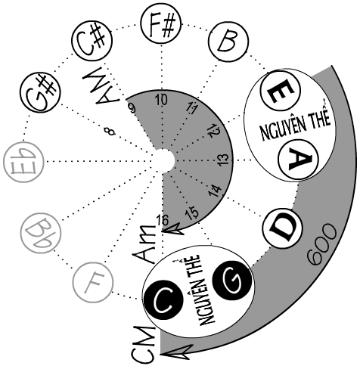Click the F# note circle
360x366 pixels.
tap(161, 25)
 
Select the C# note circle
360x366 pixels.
tap(92, 40)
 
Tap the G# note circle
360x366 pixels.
tap(41, 92)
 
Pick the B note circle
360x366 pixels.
tap(228, 42)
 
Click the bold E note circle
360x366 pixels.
tap(281, 91)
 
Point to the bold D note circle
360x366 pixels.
tap(282, 228)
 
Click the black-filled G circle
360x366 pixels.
tap(232, 280)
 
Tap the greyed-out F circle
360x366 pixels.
tap(93, 282)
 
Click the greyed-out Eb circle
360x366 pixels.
tap(24, 162)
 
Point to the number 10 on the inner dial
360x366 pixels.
tap(161, 100)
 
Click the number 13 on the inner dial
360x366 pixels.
tap(223, 160)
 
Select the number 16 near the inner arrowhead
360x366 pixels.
tap(163, 220)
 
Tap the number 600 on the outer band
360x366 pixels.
tap(322, 244)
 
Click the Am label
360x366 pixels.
tap(144, 244)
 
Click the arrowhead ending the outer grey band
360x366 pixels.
tap(176, 352)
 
